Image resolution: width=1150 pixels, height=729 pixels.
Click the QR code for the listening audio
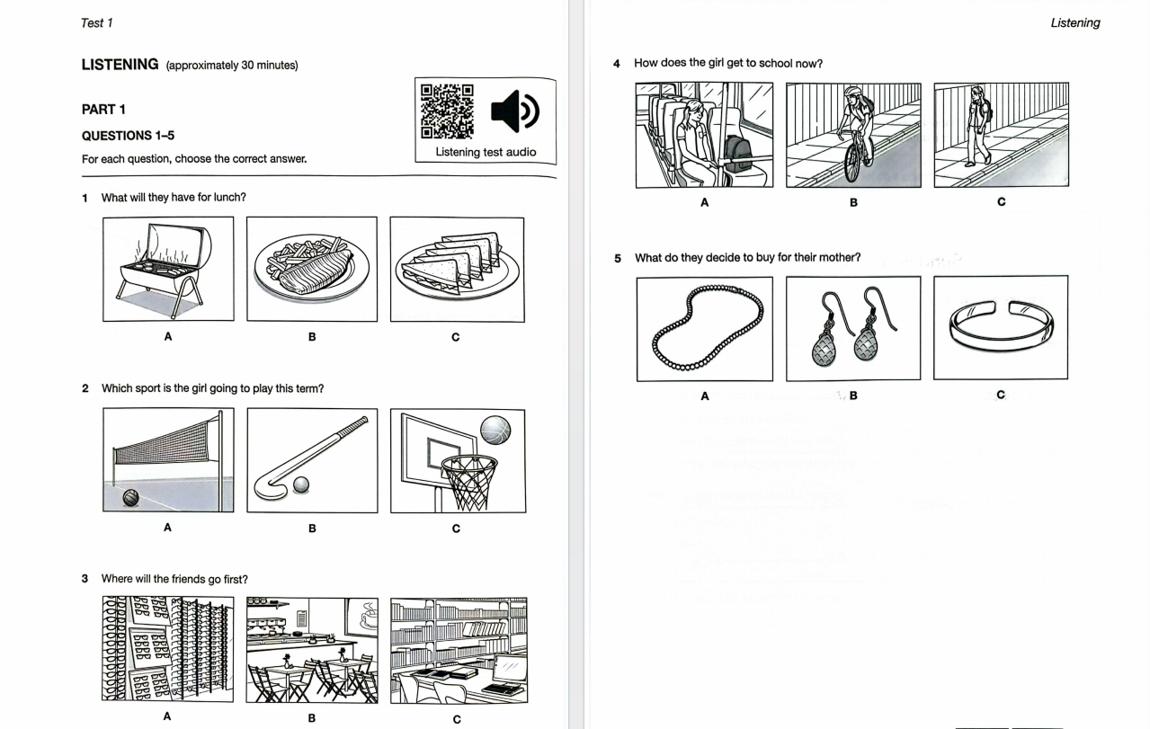click(447, 111)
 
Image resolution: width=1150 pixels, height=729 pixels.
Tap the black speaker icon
click(514, 111)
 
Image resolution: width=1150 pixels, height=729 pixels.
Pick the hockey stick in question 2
click(311, 458)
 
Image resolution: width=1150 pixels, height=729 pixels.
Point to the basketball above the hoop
click(495, 430)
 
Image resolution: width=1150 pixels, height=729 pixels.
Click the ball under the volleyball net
click(131, 497)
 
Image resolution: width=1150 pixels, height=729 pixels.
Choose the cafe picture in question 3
click(312, 650)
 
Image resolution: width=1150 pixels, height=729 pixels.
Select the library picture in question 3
click(459, 650)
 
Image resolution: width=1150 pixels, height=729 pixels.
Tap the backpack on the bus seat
click(738, 153)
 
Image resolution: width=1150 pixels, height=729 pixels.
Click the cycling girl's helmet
click(852, 92)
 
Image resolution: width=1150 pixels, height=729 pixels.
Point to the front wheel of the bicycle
click(852, 164)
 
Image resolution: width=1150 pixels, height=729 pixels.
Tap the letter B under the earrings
click(853, 396)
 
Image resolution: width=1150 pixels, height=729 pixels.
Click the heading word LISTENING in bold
click(120, 65)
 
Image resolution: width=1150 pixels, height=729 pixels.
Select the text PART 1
click(103, 110)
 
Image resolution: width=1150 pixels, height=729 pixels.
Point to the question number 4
click(617, 64)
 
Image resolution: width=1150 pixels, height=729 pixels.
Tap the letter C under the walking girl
click(1001, 201)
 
